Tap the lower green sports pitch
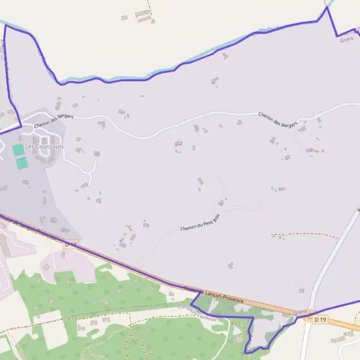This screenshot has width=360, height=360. pyautogui.click(x=22, y=162)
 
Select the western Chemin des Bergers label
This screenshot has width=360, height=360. pyautogui.click(x=53, y=121)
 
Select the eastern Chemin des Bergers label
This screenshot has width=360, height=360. pyautogui.click(x=278, y=119)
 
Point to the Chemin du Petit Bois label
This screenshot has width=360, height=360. pyautogui.click(x=200, y=223)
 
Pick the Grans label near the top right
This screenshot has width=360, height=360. pyautogui.click(x=346, y=40)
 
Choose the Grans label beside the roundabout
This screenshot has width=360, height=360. pyautogui.click(x=299, y=312)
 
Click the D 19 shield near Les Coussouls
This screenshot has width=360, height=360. pyautogui.click(x=71, y=244)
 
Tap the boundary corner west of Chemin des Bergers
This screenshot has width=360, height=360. pyautogui.click(x=20, y=125)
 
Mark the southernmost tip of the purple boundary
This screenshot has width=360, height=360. pyautogui.click(x=247, y=352)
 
